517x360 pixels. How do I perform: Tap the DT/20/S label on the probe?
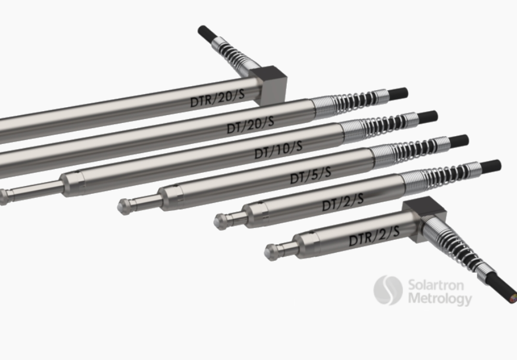click(251, 124)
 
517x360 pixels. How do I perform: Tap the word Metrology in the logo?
click(439, 298)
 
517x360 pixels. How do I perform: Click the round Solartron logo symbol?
click(388, 290)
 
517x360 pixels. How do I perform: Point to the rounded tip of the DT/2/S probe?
click(219, 221)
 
